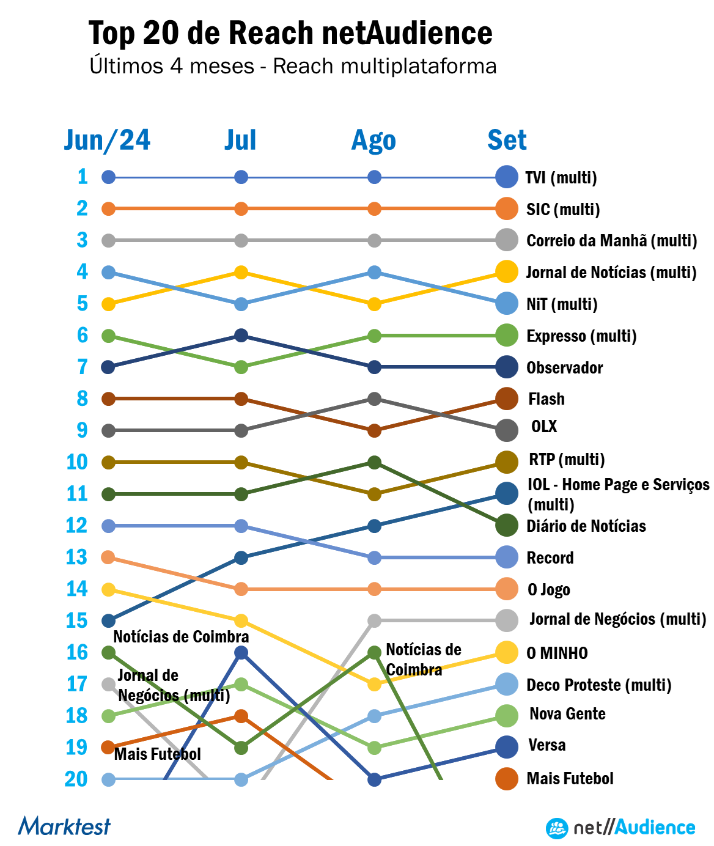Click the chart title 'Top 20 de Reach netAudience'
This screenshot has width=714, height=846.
290,33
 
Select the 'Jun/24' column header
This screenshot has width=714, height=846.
107,140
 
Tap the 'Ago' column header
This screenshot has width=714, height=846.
374,140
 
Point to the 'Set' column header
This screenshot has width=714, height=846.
507,140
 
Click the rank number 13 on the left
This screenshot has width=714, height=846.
76,557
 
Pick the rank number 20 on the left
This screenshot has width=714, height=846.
76,779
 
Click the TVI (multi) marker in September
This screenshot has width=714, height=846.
507,177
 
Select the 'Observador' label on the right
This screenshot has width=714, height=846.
564,367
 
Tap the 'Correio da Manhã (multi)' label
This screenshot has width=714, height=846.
611,240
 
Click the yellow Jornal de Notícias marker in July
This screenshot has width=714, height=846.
241,272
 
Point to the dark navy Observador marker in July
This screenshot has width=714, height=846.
241,336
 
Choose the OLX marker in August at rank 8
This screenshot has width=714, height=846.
375,399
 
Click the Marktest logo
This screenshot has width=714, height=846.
64,826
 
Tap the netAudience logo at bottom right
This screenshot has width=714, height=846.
620,828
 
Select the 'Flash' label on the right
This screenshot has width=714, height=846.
546,399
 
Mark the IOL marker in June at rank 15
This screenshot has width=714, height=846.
108,620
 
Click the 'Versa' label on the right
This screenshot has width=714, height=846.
547,745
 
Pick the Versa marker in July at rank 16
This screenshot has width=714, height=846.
241,652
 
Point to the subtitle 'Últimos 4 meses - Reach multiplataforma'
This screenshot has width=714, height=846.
293,66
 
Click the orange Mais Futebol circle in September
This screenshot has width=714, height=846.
507,779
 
